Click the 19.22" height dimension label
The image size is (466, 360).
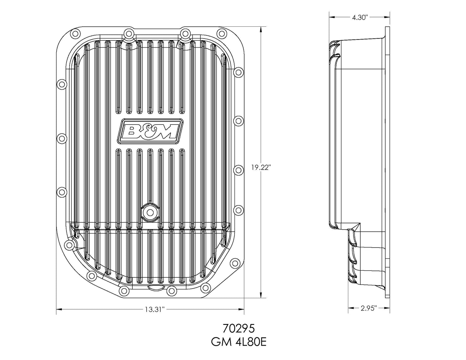(x=261, y=168)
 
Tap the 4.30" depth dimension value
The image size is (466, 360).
(x=360, y=18)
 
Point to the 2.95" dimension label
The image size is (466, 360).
(x=369, y=308)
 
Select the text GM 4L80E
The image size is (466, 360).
(x=238, y=342)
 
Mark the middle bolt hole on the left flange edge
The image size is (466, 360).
(x=62, y=139)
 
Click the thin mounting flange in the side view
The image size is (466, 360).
(x=387, y=162)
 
